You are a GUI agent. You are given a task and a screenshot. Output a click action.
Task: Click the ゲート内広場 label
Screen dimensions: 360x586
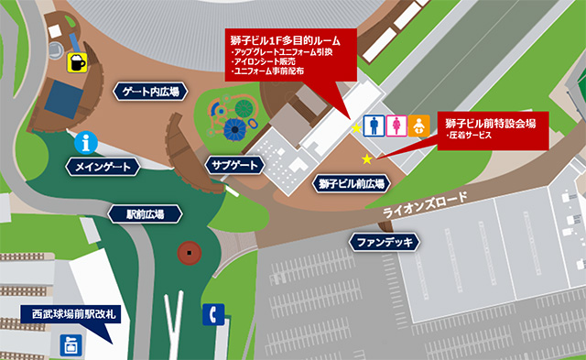point(153,91)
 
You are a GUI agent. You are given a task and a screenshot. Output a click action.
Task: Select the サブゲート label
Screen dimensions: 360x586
point(233,165)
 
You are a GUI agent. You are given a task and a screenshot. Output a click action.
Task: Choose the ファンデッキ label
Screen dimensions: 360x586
point(385,242)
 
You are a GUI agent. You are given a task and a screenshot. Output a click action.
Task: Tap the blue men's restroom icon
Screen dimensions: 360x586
point(373,124)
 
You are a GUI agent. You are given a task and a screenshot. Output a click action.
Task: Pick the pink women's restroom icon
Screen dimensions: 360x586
point(396,124)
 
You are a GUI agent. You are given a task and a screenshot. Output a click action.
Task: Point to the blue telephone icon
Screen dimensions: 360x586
point(212,314)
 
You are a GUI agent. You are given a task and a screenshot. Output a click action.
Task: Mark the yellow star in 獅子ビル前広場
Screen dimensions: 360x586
point(367,159)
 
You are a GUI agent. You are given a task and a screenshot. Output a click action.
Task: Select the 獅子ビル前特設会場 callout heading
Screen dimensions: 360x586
point(490,122)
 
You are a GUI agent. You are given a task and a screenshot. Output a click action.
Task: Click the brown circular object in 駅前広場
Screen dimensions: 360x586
point(190,250)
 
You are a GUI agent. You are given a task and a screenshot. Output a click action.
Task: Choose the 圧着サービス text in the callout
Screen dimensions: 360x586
point(469,136)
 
